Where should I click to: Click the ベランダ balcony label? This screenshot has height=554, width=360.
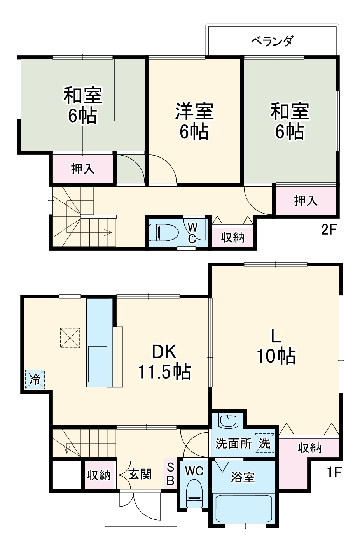272,41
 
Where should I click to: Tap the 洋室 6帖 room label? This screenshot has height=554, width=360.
194,121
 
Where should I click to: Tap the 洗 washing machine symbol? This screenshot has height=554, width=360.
264,443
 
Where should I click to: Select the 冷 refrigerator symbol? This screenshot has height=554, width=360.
35,379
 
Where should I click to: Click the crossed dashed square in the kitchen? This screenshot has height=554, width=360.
70,337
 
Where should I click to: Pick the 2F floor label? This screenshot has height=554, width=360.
329,230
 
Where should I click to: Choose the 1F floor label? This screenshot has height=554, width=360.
334,472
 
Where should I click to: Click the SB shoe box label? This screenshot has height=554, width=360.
170,474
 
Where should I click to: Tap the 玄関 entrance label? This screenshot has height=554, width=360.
140,474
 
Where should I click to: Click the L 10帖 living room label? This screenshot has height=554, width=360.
276,346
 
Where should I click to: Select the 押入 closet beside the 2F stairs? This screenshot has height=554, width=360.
82,169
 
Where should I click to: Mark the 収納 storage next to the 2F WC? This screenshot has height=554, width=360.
232,237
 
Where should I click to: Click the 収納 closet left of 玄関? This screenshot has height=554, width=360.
99,475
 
